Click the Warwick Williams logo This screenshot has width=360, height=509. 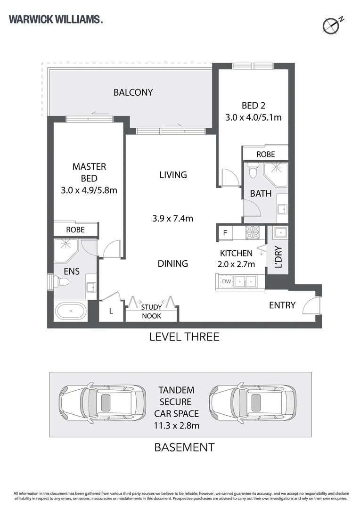(56, 19)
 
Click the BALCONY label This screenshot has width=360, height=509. (133, 92)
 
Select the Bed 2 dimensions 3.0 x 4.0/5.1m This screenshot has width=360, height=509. (254, 117)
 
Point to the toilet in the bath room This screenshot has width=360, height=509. (253, 171)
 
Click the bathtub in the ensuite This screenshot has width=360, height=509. (71, 311)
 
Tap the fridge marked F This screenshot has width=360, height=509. (225, 233)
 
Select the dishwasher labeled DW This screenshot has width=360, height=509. (226, 281)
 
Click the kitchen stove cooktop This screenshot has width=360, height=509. (253, 232)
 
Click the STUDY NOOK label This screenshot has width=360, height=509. (152, 312)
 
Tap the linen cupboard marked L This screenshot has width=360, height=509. (111, 311)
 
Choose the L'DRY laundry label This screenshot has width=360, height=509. (278, 257)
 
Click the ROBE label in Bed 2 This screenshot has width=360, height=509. (266, 154)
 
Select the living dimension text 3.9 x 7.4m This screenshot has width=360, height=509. (172, 219)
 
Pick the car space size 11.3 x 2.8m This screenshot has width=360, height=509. (177, 426)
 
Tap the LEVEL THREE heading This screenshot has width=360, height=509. (184, 337)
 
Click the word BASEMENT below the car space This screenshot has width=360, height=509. (184, 447)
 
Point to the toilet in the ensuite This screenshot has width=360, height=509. (62, 281)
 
